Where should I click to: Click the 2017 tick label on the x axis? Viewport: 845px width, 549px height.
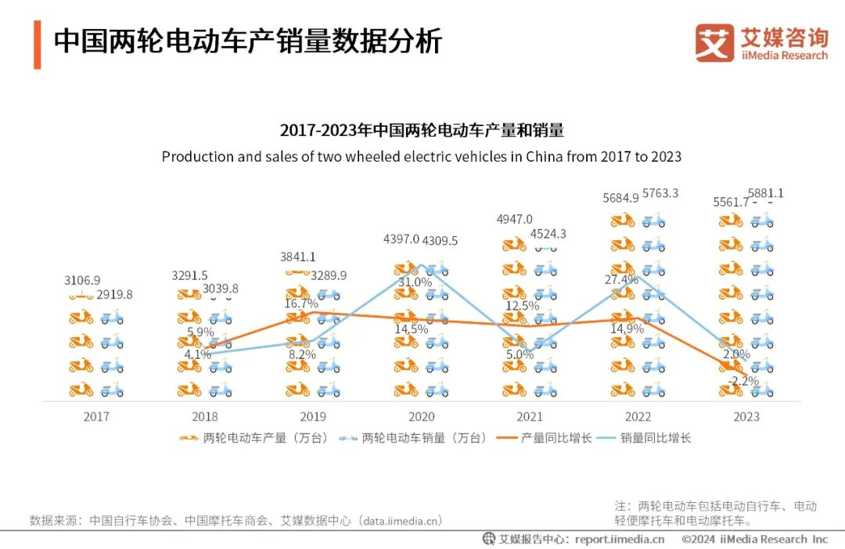96,417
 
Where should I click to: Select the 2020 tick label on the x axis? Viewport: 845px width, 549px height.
422,417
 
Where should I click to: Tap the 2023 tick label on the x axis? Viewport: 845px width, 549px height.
746,417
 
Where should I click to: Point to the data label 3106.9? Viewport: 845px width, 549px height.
82,280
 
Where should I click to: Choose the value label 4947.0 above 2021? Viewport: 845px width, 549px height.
514,219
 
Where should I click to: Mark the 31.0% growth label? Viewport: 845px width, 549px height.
415,282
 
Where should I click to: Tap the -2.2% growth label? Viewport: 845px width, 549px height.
743,381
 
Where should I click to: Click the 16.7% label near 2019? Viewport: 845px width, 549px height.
300,303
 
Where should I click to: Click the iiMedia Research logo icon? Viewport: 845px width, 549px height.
714,43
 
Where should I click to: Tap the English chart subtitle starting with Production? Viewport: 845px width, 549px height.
421,156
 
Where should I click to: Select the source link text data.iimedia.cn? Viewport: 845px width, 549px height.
401,520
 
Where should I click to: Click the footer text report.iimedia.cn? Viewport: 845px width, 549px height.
619,539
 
